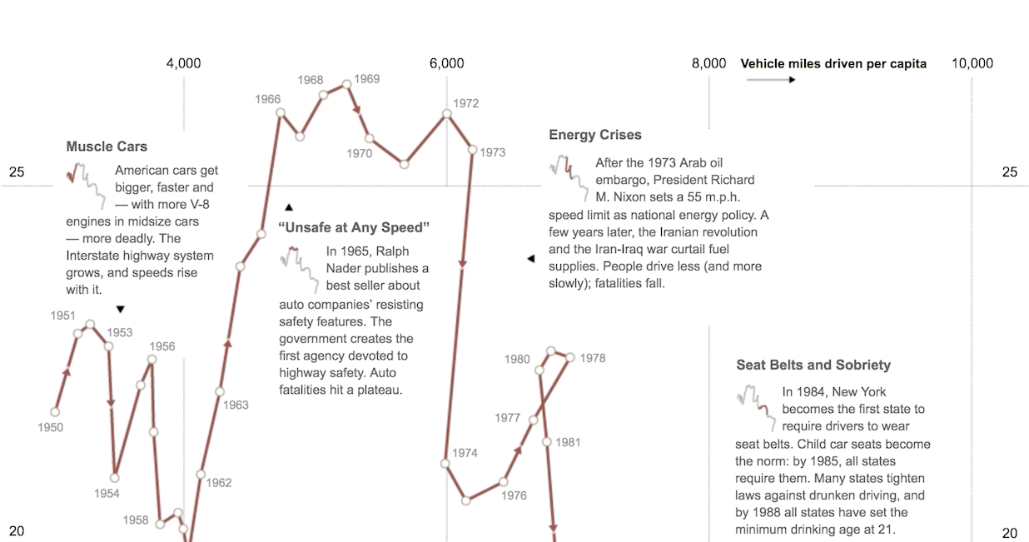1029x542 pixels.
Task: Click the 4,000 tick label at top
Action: [183, 63]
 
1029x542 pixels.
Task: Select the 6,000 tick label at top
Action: [447, 63]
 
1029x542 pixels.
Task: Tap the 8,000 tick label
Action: [708, 63]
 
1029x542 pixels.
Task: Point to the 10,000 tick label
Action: [972, 63]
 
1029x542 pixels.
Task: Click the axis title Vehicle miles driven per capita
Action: [833, 63]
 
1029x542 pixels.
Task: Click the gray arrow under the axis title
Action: [771, 80]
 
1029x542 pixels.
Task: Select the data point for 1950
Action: [56, 411]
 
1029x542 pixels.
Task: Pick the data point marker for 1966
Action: [281, 112]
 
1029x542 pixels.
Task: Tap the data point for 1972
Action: [447, 113]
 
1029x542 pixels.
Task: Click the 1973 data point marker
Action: [473, 151]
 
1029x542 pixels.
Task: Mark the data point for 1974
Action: [445, 464]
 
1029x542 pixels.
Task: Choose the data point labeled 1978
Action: [570, 357]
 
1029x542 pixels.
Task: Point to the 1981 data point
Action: [547, 442]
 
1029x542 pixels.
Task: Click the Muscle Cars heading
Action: [107, 147]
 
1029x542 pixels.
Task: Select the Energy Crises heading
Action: [595, 135]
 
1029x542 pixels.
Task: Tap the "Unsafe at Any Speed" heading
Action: [355, 227]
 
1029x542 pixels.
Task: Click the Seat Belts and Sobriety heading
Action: [813, 365]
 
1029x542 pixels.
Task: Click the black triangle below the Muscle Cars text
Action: [120, 310]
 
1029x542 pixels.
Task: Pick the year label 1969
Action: [366, 79]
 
